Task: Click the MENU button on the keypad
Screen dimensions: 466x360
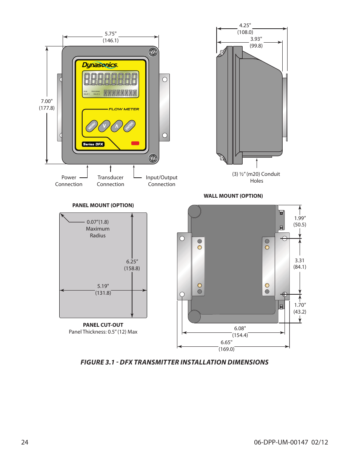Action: tap(92, 126)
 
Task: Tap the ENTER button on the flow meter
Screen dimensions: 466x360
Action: tap(129, 126)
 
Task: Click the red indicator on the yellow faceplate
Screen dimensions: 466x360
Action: tap(135, 143)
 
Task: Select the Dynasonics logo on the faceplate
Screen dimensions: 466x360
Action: tap(100, 65)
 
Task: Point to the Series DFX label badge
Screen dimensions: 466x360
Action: tap(93, 144)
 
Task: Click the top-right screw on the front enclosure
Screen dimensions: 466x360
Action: tap(153, 52)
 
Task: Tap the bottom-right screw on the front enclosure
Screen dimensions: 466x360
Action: tap(153, 158)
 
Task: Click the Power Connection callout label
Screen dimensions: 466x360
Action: tap(69, 181)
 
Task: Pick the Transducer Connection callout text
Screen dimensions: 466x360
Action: tap(110, 181)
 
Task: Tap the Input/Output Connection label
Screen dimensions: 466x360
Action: tap(162, 181)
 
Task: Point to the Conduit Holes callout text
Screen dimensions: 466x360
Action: tap(256, 177)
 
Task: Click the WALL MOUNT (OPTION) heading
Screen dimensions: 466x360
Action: tap(233, 196)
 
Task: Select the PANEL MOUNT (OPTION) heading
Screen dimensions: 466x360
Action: tap(103, 205)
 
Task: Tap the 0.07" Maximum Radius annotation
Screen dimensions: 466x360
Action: tap(98, 229)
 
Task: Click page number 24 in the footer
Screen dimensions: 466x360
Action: tap(25, 442)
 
